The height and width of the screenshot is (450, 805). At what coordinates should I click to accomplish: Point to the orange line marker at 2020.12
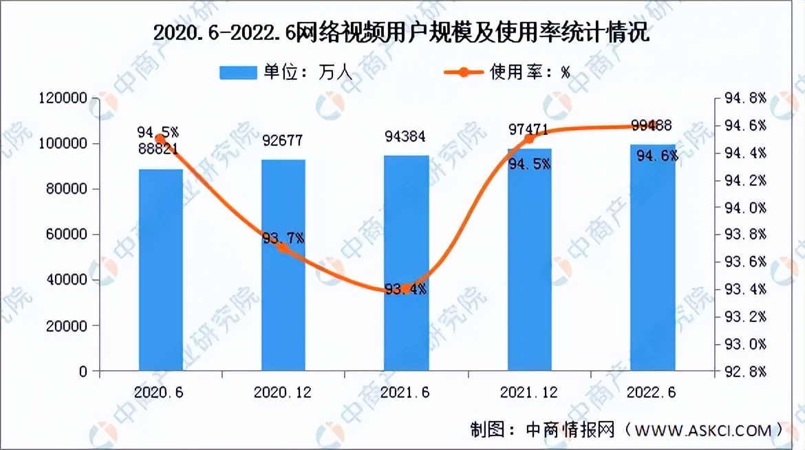coord(283,248)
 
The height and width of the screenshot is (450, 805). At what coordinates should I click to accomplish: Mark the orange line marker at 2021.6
coord(406,289)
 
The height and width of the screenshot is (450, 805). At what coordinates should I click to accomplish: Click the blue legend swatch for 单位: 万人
coord(238,72)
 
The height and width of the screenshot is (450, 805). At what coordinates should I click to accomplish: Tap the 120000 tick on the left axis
coord(64,98)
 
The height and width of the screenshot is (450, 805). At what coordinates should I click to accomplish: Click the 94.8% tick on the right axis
coord(745,99)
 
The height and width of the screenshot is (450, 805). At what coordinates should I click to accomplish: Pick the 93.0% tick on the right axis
coord(745,343)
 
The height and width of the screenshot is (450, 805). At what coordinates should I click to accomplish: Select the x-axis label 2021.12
coord(528,392)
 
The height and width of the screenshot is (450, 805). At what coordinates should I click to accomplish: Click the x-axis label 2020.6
coord(160,392)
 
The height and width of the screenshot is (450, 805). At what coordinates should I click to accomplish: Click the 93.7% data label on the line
coord(283,238)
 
